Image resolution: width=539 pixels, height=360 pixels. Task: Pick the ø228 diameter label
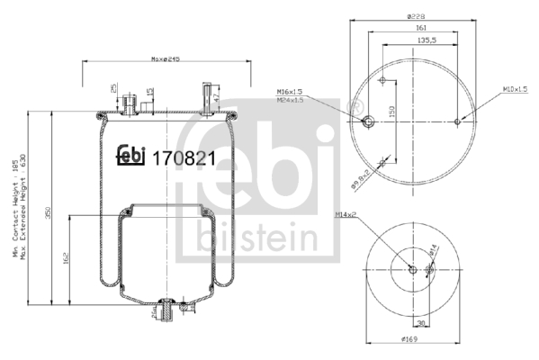click(415, 14)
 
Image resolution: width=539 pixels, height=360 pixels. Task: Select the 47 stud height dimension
click(215, 94)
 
